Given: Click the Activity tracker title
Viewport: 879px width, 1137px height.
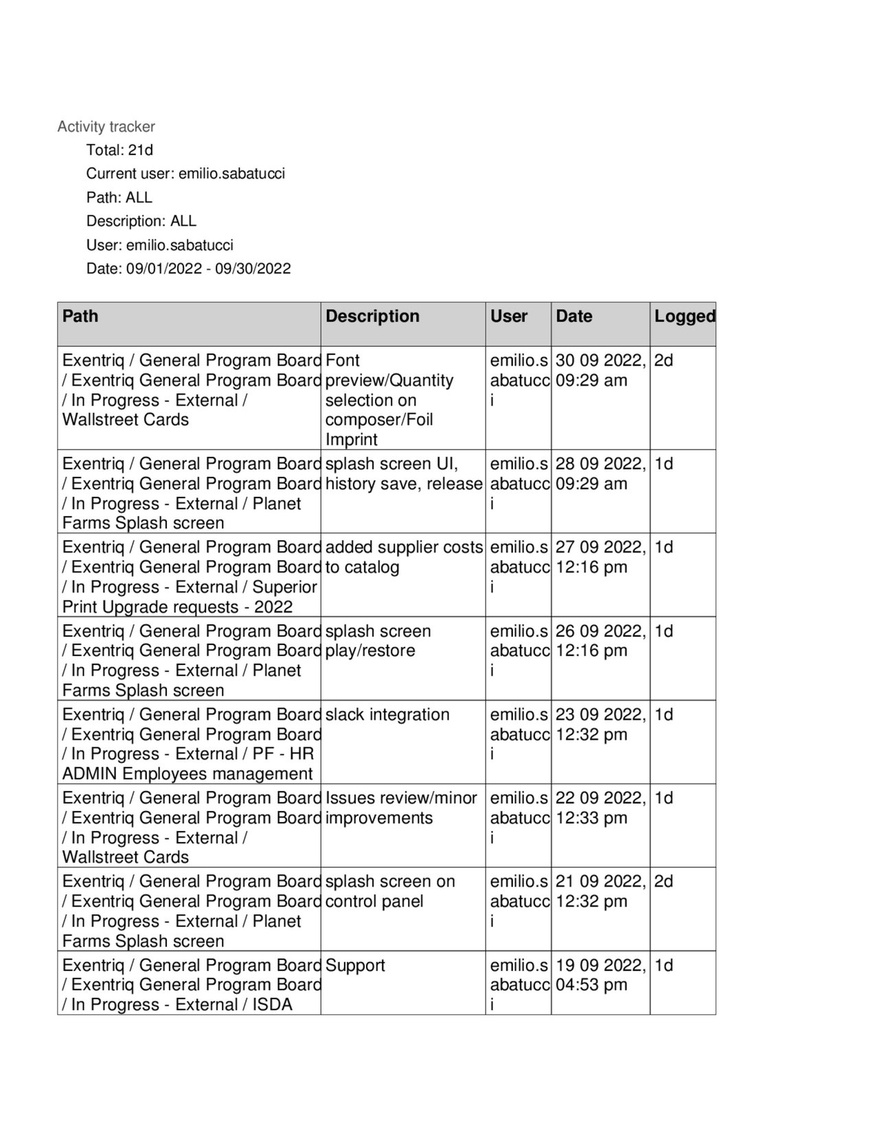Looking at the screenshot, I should coord(106,126).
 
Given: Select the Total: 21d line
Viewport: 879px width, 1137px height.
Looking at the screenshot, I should coord(119,150).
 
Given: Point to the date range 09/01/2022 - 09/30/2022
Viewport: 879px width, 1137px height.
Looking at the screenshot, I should coord(208,268).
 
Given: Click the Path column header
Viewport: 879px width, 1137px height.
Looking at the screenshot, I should coord(80,316).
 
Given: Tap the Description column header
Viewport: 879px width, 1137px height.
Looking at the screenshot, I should coord(372,316).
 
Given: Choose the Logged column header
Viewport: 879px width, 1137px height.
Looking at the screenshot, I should coord(684,316).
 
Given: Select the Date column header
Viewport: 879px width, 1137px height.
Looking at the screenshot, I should coord(574,316).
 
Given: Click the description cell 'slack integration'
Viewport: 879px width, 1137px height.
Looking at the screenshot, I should coord(387,714).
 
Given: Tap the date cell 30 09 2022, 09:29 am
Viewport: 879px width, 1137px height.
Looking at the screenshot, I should coord(600,370).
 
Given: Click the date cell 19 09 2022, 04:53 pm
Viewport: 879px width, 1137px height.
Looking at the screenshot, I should coord(600,974).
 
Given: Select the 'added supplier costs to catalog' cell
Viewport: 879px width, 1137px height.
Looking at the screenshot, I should coord(404,556).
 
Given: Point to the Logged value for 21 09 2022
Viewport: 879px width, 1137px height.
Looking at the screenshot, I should coord(664,881).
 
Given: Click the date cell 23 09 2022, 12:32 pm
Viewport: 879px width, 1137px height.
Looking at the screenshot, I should coord(600,724).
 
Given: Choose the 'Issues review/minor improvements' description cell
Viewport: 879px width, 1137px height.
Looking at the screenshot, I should coord(401,808).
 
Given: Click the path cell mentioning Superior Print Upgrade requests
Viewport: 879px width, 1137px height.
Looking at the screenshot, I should coord(189,576).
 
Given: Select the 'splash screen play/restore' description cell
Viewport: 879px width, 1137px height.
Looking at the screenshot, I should coord(378,640).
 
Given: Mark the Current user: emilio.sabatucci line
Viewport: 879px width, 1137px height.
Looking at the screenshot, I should coord(185,174).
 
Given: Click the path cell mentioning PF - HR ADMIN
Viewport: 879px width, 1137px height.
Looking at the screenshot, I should coord(189,744).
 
